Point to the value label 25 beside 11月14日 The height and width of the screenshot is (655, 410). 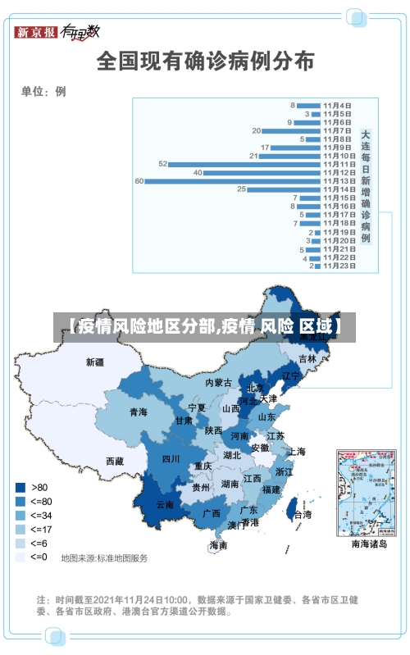coord(241,189)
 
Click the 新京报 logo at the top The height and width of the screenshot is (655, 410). coord(37,32)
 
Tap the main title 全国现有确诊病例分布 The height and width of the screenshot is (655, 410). coord(205,61)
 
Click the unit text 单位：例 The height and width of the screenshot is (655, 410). coord(43,91)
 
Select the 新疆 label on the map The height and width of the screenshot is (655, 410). coord(96,362)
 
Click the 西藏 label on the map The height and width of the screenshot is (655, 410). coord(115,462)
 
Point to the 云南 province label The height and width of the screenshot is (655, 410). coord(165,505)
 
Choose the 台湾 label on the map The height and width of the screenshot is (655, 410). coord(303,515)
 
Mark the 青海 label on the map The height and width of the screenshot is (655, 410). coord(138,412)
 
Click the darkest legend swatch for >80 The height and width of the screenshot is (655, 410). coord(20,487)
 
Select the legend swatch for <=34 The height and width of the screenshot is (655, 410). coord(20,515)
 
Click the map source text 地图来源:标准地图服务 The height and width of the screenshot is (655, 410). coord(104,558)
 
